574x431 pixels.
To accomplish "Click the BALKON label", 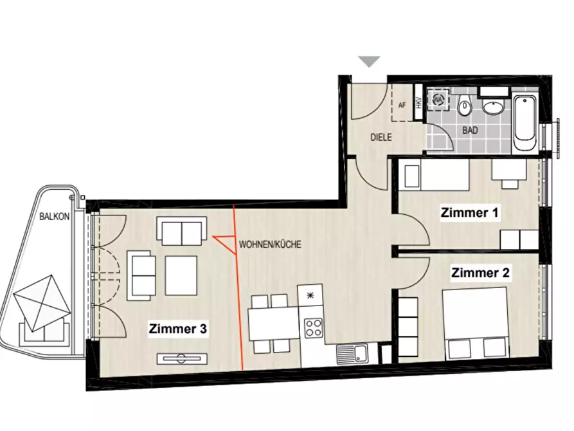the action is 54,216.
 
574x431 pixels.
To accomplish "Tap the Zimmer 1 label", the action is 469,212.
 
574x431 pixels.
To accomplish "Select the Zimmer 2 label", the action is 480,273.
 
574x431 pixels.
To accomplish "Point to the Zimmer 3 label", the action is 178,329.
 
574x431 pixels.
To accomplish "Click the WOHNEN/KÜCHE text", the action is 270,244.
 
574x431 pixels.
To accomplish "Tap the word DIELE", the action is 381,138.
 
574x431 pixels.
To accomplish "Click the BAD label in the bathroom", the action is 470,130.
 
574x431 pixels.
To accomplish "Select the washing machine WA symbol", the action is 438,99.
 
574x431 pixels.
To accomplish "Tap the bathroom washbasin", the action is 494,106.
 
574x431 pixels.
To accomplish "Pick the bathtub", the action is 525,124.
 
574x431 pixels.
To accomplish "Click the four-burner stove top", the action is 314,328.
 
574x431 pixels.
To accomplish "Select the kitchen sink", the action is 353,354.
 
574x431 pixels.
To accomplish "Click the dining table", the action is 273,324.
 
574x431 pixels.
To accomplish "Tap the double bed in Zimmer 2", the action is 475,323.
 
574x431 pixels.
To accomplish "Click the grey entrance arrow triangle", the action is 370,62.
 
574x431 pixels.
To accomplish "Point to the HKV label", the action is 418,103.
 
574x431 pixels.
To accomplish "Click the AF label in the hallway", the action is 402,105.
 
